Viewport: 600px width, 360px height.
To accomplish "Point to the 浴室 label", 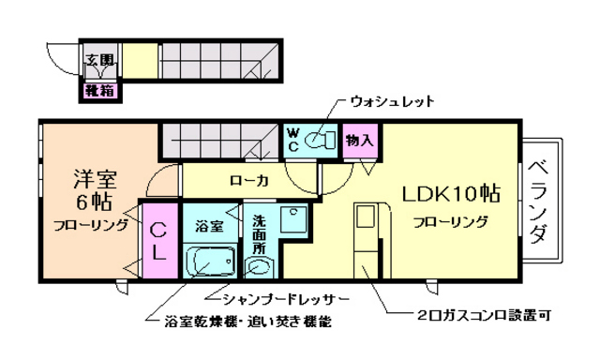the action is [208, 225].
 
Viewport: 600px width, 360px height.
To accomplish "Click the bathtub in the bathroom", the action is [210, 260].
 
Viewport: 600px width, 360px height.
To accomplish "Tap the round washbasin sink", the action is [259, 266].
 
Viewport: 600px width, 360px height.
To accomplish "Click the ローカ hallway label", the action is [249, 180].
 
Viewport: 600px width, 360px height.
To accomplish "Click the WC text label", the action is [292, 140].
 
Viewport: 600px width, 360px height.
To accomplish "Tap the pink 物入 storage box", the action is [359, 140].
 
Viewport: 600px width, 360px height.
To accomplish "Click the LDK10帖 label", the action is [450, 194].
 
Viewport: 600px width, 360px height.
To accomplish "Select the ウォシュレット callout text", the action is [392, 100].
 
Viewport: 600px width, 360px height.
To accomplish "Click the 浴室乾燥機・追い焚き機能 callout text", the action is [247, 322].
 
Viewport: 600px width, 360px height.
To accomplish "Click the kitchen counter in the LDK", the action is [366, 239].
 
